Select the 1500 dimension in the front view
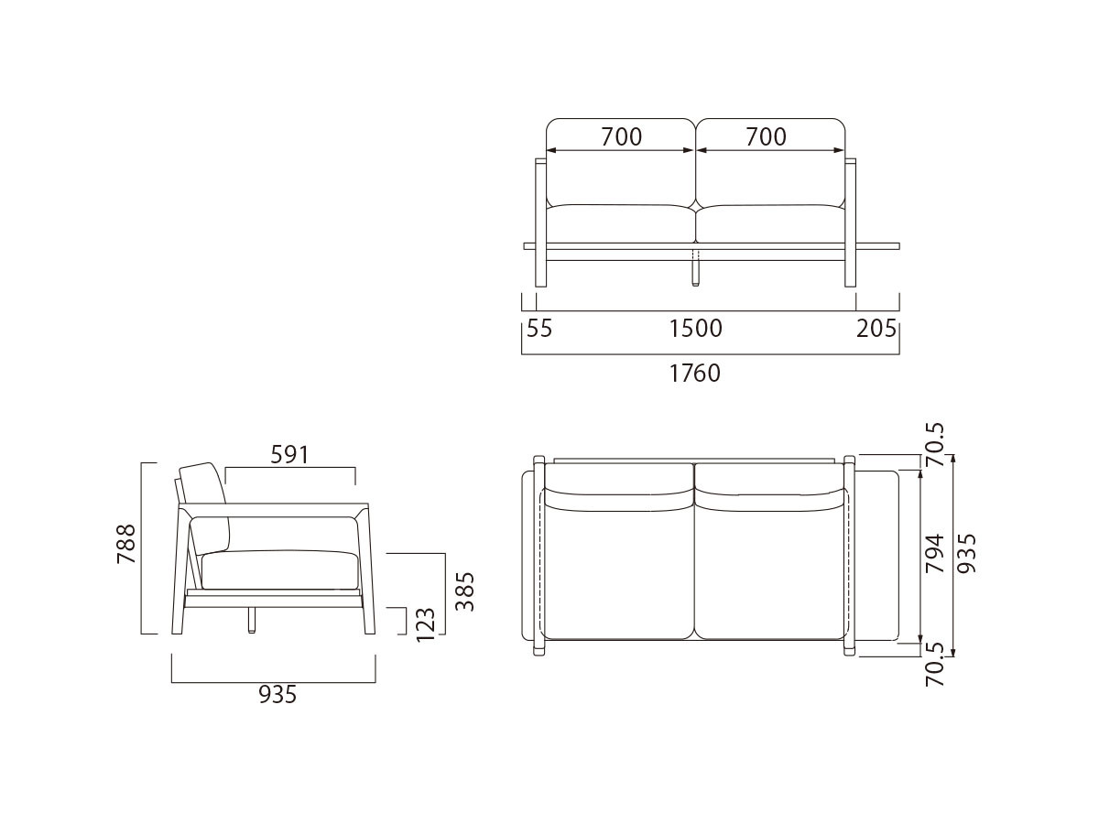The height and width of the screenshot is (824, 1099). [x=696, y=328]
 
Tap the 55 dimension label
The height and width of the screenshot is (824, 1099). [x=540, y=328]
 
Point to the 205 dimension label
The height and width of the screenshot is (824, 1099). [x=877, y=328]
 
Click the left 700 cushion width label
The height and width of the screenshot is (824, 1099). [x=622, y=137]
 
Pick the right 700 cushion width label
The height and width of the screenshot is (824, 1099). [x=766, y=137]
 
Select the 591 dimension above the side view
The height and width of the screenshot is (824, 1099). [x=289, y=454]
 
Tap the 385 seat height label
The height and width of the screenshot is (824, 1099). [x=465, y=591]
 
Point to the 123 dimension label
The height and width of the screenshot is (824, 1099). [x=426, y=623]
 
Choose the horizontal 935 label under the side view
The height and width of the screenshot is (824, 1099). [x=277, y=696]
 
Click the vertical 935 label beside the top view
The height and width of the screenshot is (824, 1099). [x=967, y=553]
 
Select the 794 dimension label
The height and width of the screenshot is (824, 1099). [x=934, y=553]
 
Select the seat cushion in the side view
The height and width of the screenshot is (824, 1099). [x=279, y=569]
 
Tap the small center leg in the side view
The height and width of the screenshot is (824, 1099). [x=250, y=622]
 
